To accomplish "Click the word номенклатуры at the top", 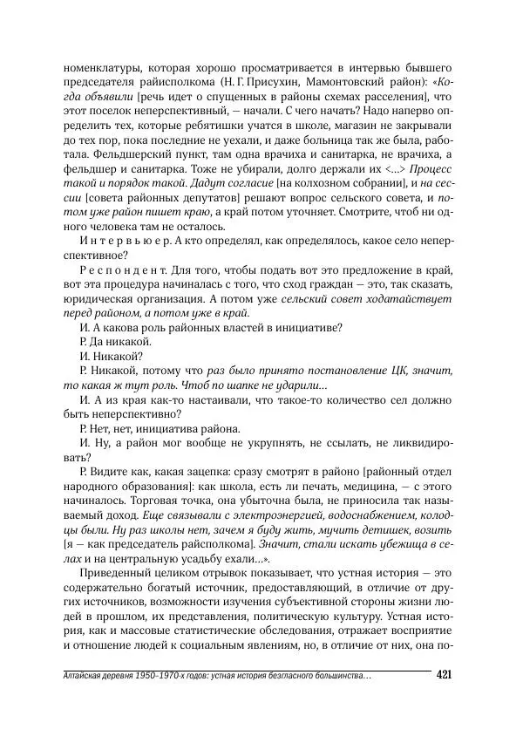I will [x=104, y=68].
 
